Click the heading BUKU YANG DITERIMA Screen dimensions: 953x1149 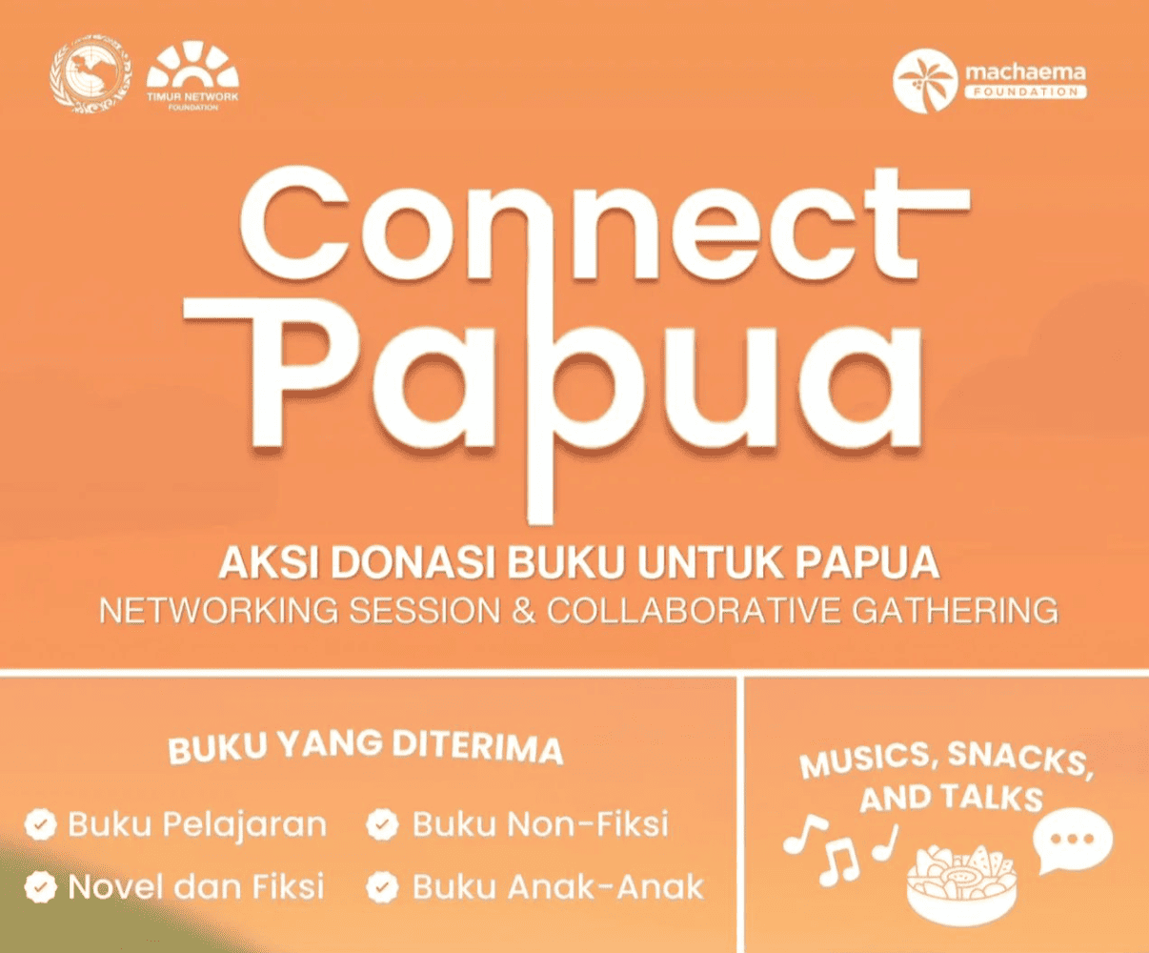pyautogui.click(x=366, y=745)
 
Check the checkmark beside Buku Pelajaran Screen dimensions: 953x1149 pyautogui.click(x=39, y=824)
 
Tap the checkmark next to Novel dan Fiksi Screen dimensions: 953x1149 pyautogui.click(x=39, y=887)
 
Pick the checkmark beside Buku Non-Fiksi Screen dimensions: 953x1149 pyautogui.click(x=383, y=824)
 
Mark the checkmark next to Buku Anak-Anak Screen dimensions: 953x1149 pyautogui.click(x=383, y=888)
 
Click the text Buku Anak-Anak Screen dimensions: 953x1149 pyautogui.click(x=558, y=888)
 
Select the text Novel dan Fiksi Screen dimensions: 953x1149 pyautogui.click(x=196, y=887)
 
